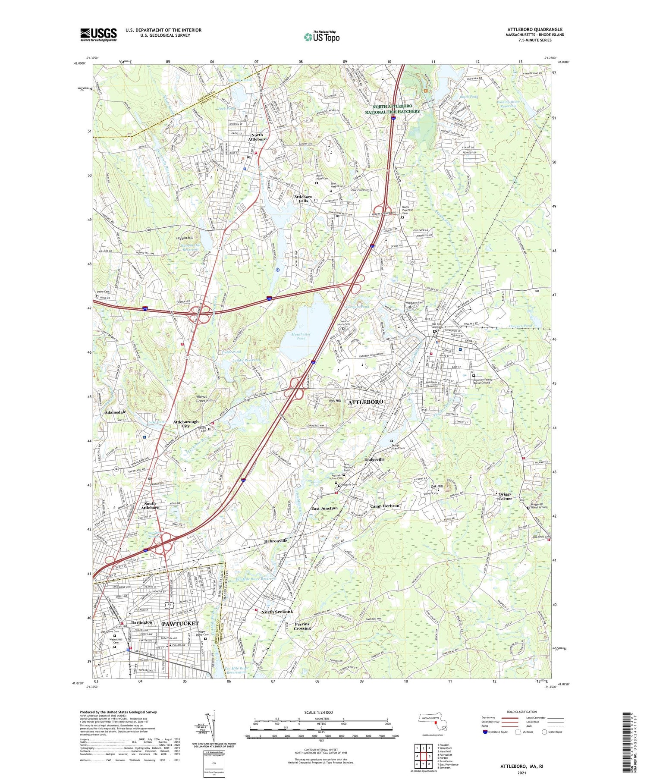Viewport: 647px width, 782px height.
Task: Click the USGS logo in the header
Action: tap(98, 35)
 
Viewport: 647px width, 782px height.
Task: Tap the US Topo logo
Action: tap(322, 37)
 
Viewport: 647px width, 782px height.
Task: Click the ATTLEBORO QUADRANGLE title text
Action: tap(535, 29)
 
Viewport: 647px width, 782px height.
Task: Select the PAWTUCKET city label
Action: tap(180, 623)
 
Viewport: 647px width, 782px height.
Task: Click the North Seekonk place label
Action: tap(277, 612)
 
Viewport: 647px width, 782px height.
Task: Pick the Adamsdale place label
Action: tap(116, 412)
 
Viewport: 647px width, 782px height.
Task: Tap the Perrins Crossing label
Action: tap(302, 626)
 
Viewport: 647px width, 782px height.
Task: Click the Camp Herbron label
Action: tap(385, 506)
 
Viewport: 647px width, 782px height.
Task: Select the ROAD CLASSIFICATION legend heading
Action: tap(521, 712)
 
